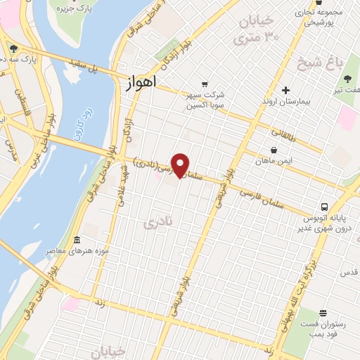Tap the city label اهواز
pos(139,83)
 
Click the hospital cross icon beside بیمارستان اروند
pos(285,90)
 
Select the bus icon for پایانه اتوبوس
pos(324,207)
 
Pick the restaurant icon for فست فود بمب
pos(322,313)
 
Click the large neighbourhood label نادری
pos(156,224)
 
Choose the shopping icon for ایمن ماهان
pos(274,150)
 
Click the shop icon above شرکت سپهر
pos(204,83)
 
